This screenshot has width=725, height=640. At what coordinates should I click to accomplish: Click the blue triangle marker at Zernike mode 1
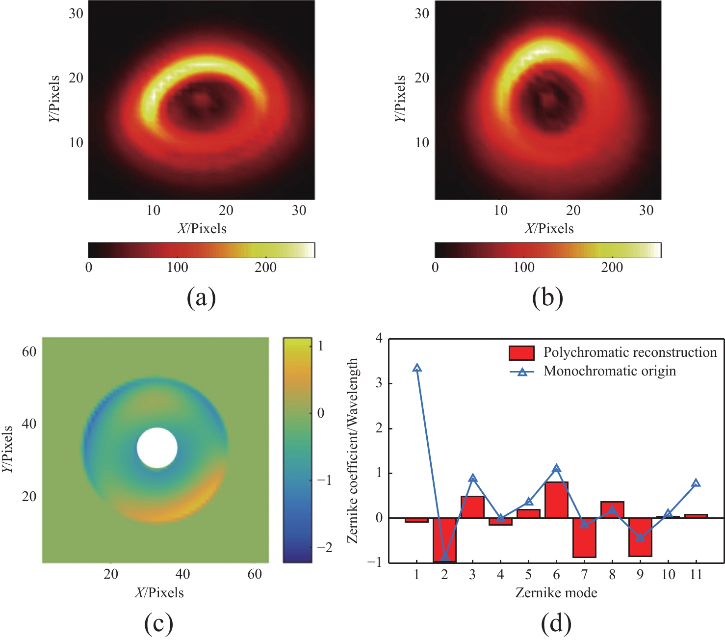coord(417,368)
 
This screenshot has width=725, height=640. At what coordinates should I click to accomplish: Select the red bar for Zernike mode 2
coord(444,540)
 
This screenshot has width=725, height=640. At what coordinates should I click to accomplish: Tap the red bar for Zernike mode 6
coord(556,500)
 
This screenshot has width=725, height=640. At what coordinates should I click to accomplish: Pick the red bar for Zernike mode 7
coord(584,537)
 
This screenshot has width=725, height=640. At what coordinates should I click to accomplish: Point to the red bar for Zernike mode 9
coord(640,537)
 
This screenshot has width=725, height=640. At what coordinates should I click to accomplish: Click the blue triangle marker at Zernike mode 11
coord(696,483)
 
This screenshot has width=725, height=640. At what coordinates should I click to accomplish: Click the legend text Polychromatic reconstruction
coord(630,352)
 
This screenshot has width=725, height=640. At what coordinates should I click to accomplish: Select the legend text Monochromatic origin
coord(609,371)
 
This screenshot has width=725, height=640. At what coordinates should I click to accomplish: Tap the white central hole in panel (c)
coord(157,448)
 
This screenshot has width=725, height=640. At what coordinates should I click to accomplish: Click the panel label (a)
coord(201,297)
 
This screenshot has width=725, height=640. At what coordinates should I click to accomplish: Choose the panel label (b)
coord(547,297)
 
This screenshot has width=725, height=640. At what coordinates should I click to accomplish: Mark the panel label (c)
coord(158,623)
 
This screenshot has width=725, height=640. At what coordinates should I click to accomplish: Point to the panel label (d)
coord(556,623)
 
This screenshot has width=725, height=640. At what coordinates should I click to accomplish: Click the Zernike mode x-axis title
coord(556,593)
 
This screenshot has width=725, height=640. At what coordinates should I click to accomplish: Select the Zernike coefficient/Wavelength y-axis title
coord(352,450)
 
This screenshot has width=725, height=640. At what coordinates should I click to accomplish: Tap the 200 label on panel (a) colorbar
coord(265,267)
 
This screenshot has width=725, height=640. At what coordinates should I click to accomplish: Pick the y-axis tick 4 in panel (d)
coord(379,338)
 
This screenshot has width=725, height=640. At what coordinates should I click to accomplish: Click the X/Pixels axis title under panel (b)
coord(548,229)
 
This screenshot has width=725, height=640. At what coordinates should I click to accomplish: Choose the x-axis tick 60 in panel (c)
coord(255,574)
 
